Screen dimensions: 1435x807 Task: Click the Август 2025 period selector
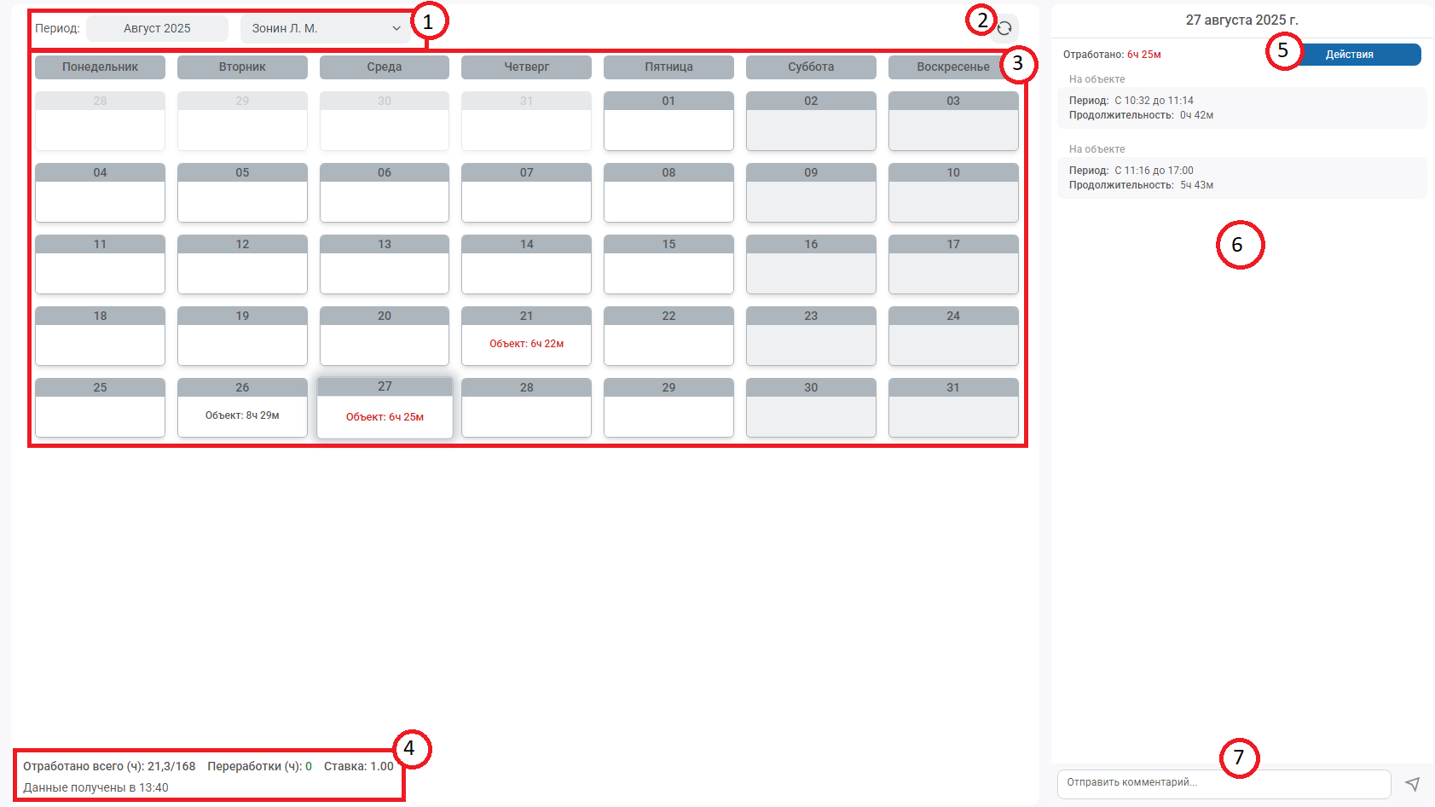click(157, 28)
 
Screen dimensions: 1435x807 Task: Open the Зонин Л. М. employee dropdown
click(326, 28)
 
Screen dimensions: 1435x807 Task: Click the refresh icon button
click(1004, 28)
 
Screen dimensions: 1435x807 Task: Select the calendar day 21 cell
click(526, 336)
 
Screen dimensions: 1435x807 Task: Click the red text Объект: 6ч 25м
click(385, 416)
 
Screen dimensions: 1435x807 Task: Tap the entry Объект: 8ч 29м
click(242, 415)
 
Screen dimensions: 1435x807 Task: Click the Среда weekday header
click(385, 67)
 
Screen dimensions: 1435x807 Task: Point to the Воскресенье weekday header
click(952, 67)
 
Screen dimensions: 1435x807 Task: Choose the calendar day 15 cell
click(668, 264)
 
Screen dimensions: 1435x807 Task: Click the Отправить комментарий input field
click(1224, 782)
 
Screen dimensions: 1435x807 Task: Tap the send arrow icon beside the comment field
click(1412, 783)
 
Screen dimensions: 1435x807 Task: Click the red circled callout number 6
click(1240, 245)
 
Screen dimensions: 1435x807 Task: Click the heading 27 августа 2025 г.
click(1241, 20)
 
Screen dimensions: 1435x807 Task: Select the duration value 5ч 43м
click(1197, 185)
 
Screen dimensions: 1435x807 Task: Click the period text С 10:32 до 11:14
click(1154, 101)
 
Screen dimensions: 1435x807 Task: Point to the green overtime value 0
click(308, 766)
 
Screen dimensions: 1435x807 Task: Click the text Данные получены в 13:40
click(96, 787)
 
